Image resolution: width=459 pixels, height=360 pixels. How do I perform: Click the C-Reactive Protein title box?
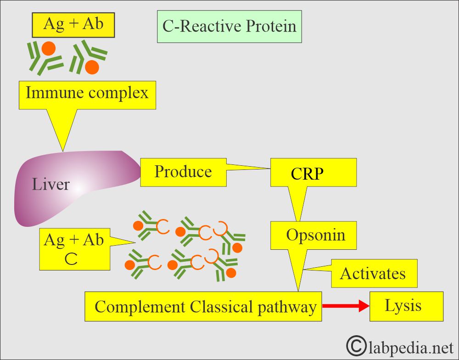[x=229, y=27]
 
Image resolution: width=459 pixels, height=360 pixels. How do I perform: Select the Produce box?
[x=183, y=172]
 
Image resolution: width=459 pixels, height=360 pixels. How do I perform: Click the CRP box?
[x=313, y=173]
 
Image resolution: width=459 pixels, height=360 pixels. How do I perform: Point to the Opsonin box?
[x=313, y=236]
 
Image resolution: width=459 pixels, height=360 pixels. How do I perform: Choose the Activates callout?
[x=374, y=273]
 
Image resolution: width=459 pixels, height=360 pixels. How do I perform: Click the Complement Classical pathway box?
[x=203, y=306]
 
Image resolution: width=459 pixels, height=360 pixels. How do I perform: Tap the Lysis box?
[x=406, y=306]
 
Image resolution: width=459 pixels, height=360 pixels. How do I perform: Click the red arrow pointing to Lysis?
[x=346, y=306]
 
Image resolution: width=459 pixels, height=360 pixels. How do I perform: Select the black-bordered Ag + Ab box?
[x=73, y=25]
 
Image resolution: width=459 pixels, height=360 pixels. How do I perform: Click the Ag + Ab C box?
[x=75, y=249]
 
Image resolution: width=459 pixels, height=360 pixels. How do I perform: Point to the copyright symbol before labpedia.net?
[x=356, y=346]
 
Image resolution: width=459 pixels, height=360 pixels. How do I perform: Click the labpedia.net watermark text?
[x=411, y=348]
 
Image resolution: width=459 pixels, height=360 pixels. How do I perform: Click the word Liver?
[x=50, y=185]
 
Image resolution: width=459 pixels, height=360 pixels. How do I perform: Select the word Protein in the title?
[x=271, y=26]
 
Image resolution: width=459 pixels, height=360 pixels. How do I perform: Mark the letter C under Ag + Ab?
[x=71, y=259]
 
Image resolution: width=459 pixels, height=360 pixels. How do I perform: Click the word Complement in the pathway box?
[x=140, y=308]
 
